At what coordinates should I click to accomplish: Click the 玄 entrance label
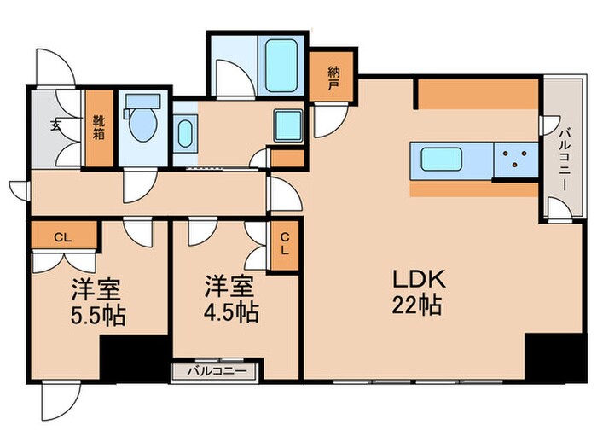(55, 125)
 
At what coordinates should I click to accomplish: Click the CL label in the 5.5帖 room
(61, 237)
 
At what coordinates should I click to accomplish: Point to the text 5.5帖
(97, 316)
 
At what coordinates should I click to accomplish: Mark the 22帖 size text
(416, 305)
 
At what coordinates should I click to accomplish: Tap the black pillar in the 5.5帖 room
(133, 358)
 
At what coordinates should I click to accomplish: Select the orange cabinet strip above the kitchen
(478, 95)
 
